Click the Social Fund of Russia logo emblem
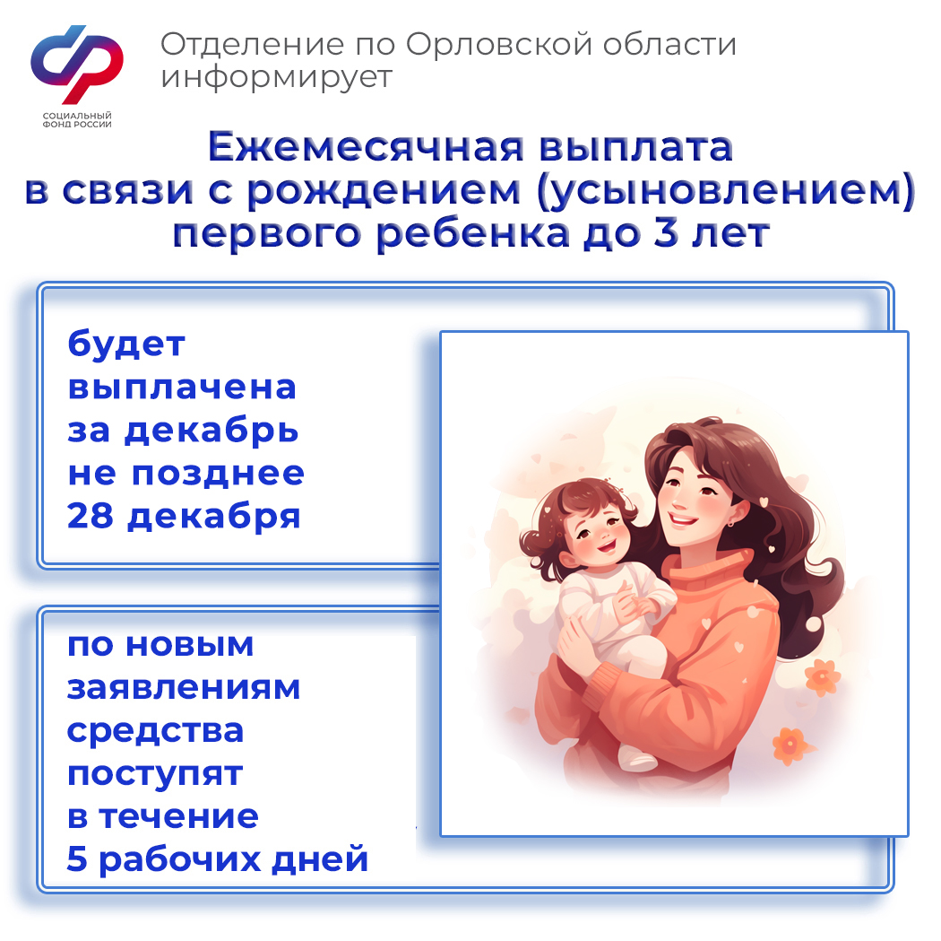point(77,65)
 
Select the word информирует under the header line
point(277,78)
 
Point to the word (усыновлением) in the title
point(726,192)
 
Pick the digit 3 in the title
point(666,232)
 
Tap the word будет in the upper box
point(126,344)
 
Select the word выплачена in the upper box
point(182,388)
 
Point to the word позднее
point(218,475)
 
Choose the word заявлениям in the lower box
point(183,687)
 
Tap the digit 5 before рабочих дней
point(77,858)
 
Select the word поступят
point(155,774)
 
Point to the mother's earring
point(730,524)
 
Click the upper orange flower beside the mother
point(822,676)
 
